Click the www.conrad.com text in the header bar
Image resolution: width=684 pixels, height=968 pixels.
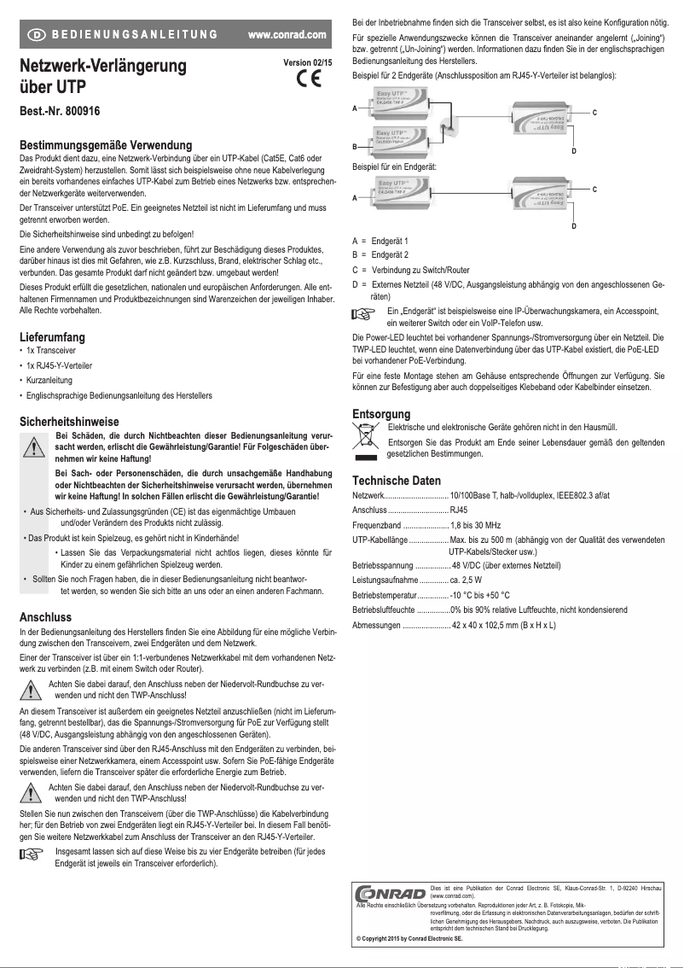coord(287,35)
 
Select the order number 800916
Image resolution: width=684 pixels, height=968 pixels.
coord(80,111)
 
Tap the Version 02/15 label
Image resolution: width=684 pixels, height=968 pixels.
coord(308,62)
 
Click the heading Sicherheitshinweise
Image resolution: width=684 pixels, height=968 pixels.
coord(69,422)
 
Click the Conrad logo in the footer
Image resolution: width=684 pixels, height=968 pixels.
coord(391,895)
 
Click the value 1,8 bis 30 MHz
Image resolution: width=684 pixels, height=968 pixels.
coord(476,525)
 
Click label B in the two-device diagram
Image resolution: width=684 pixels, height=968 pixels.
coord(355,146)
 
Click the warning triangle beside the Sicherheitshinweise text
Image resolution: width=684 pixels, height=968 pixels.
coord(34,446)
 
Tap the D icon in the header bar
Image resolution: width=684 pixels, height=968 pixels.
coord(38,35)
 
